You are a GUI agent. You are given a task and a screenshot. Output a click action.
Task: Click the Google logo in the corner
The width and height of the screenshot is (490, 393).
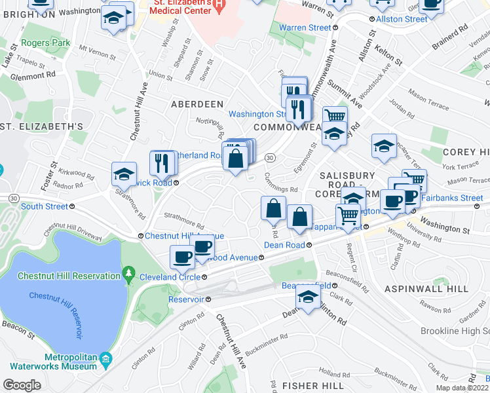tap(22, 385)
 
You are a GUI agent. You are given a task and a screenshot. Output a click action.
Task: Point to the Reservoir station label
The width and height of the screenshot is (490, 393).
tap(186, 299)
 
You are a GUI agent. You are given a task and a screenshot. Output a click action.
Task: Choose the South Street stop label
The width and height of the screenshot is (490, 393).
tap(45, 206)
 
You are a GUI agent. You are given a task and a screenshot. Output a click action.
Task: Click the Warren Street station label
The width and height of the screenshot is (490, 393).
tap(305, 28)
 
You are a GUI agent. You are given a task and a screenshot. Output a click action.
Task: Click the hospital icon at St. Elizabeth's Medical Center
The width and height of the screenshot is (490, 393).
tap(219, 5)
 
